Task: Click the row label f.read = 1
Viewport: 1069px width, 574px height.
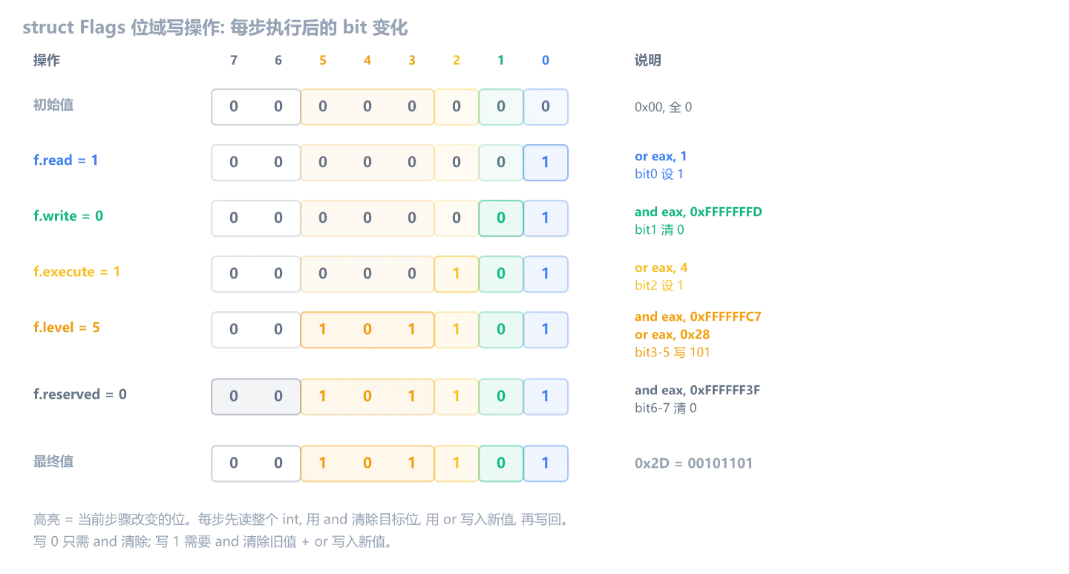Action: (x=65, y=160)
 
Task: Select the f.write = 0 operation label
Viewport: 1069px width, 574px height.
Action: (x=68, y=216)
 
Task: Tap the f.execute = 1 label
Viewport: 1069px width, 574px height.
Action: (x=76, y=272)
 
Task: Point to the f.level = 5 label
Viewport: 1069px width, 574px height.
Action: (x=66, y=327)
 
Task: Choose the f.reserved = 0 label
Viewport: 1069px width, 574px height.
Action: (x=79, y=394)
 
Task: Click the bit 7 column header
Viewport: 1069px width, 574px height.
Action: (x=233, y=60)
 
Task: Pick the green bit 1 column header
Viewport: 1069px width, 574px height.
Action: (x=500, y=60)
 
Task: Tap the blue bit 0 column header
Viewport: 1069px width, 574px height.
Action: (x=546, y=60)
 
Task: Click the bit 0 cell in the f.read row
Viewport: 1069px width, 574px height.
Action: (x=546, y=163)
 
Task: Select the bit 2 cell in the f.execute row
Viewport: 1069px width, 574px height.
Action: (x=457, y=273)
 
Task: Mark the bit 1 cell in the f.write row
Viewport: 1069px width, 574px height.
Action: (x=500, y=218)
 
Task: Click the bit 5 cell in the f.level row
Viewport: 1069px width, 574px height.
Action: (x=323, y=330)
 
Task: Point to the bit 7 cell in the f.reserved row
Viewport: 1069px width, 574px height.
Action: (x=233, y=397)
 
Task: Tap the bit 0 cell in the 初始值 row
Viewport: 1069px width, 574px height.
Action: (x=546, y=106)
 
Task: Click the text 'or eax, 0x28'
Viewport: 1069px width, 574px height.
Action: (x=672, y=334)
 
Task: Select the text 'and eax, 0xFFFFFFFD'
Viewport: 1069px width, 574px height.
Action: (x=698, y=212)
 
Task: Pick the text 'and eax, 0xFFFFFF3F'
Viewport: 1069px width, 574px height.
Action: (x=697, y=390)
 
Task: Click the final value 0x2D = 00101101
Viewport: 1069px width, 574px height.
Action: (x=693, y=463)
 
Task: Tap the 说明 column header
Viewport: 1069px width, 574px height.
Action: (x=647, y=60)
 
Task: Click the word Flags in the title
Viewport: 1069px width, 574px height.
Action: (x=102, y=27)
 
